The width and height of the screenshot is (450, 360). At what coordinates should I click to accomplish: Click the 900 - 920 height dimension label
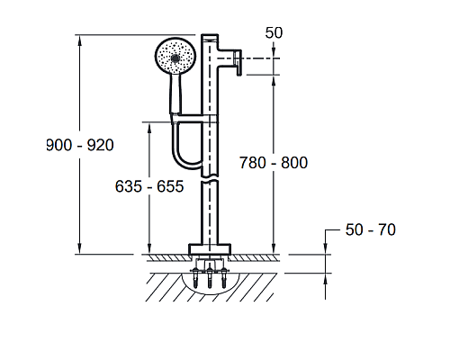[80, 146]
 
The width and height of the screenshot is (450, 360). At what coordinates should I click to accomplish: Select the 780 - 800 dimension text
[274, 163]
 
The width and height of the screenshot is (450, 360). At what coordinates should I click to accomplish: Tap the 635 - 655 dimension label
[149, 186]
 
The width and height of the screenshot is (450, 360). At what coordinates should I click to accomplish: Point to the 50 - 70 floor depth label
[371, 230]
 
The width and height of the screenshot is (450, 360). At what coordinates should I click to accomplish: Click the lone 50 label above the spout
[274, 32]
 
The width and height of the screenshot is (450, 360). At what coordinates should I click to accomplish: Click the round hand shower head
[175, 56]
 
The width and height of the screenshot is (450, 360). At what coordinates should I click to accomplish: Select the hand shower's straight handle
[175, 94]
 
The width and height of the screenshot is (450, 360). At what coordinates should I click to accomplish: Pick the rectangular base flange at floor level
[210, 249]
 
